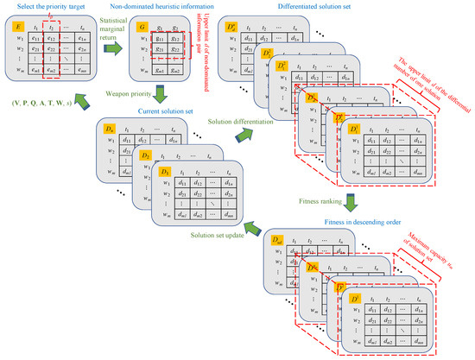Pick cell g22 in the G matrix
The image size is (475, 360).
click(x=175, y=52)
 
